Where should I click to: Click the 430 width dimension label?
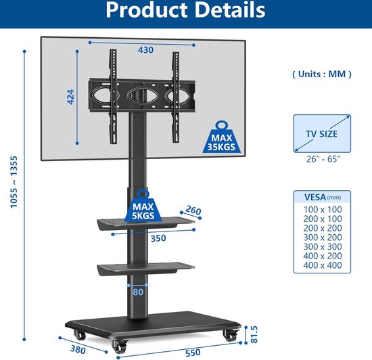click(145, 50)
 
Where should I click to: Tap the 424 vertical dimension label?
click(70, 97)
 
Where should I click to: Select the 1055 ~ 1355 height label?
click(14, 182)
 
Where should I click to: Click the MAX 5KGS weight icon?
click(143, 206)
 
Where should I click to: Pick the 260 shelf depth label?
click(193, 210)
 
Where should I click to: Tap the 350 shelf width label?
click(158, 238)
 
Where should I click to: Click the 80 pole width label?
click(138, 292)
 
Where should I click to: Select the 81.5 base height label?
click(254, 334)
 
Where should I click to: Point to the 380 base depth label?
click(78, 350)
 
